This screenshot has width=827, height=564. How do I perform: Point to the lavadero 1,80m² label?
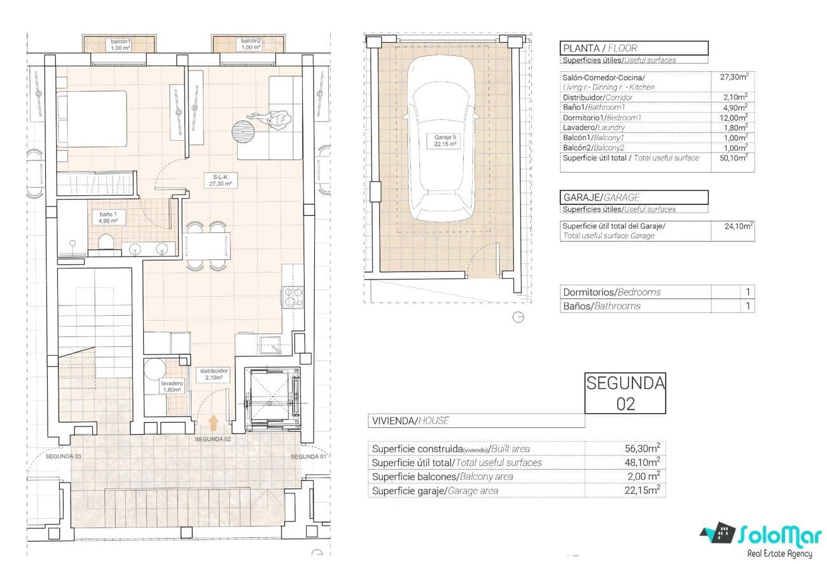172,386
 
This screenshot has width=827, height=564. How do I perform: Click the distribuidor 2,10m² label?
214,374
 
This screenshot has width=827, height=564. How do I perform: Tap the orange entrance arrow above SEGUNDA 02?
213,421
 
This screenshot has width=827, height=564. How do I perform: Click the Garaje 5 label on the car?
437,140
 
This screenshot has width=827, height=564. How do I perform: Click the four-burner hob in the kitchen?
293,297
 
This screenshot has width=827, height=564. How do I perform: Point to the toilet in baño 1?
106,242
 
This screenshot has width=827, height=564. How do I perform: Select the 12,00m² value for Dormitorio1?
733,118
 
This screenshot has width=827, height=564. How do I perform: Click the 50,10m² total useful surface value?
733,158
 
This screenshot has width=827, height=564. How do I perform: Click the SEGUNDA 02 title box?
625,393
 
